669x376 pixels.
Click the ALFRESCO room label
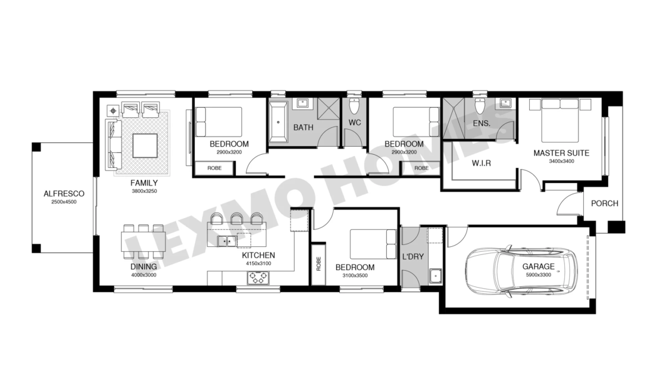click(64, 194)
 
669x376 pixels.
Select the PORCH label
click(604, 203)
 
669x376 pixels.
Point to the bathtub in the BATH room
click(278, 122)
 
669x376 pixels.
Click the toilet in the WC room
click(354, 107)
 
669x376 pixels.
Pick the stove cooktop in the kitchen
click(258, 278)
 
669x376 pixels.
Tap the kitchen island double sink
click(227, 241)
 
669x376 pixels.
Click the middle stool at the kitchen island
click(236, 219)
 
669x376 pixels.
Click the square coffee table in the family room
click(145, 146)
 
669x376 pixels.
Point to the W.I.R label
click(482, 164)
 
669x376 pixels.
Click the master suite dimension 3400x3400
click(562, 161)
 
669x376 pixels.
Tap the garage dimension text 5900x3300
click(539, 275)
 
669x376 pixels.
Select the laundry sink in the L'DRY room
click(435, 276)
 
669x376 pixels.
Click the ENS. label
click(482, 123)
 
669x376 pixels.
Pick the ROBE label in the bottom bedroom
click(319, 263)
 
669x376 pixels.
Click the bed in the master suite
click(560, 120)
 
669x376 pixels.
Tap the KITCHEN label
click(258, 255)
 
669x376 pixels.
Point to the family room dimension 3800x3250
click(144, 191)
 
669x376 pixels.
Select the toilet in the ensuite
click(480, 107)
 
